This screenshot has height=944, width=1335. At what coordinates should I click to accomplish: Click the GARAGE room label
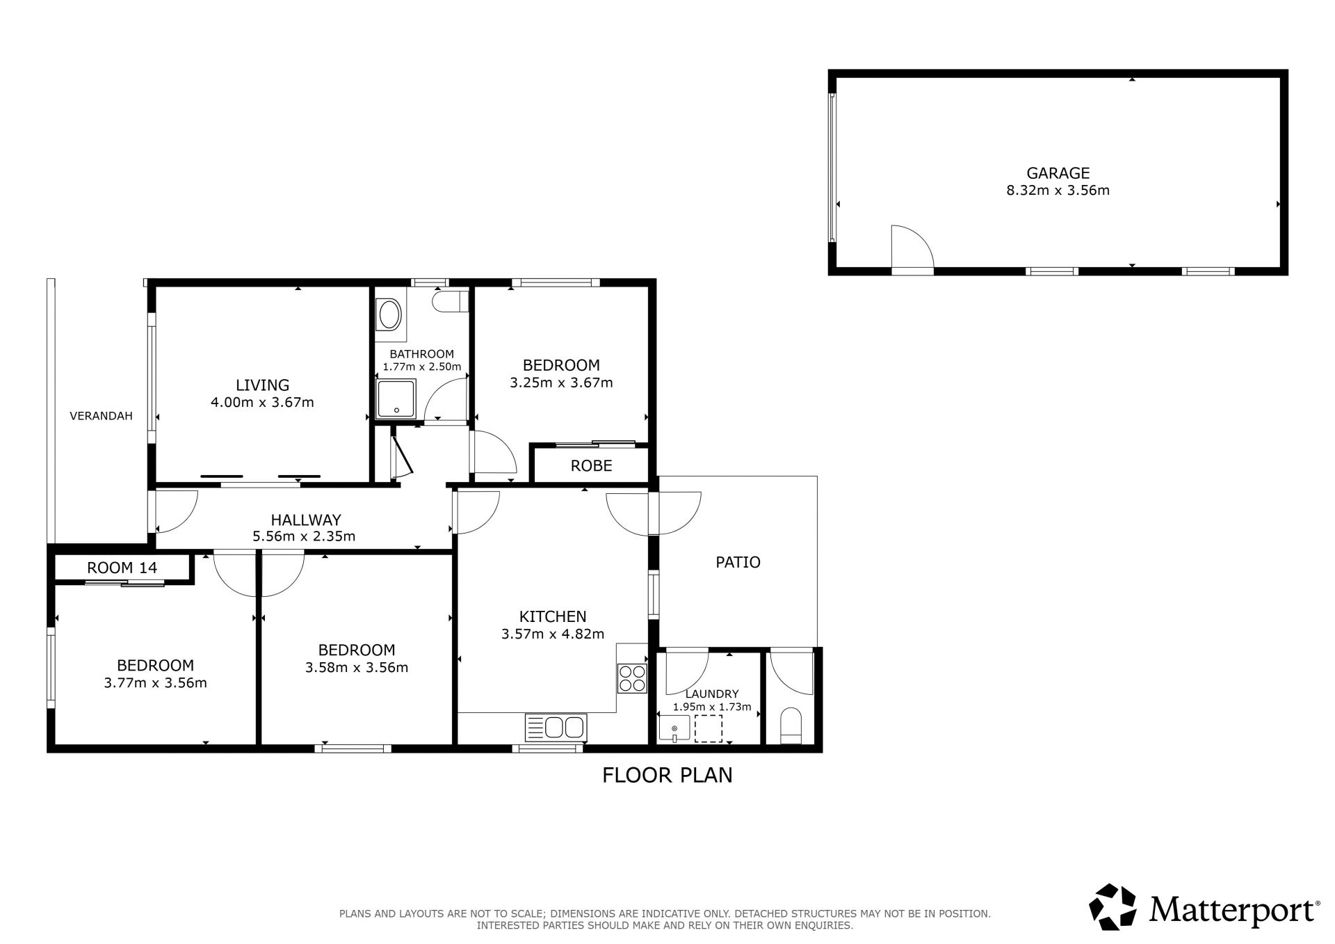1058,173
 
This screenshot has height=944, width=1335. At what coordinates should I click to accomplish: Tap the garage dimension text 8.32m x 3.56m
1058,190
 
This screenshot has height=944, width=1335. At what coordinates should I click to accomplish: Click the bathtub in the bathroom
390,315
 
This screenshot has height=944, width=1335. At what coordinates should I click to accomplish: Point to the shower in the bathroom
396,399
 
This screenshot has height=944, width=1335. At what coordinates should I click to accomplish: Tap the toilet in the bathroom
450,301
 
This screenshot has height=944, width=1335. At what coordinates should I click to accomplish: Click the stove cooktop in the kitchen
631,678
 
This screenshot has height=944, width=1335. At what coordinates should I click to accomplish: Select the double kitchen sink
556,728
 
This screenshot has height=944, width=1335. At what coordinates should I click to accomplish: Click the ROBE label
591,466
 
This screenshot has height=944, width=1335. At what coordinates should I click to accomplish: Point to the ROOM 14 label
122,568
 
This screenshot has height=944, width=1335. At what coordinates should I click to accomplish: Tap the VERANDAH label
101,416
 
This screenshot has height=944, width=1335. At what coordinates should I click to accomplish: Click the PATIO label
738,562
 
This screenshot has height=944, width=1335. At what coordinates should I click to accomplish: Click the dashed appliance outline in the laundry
709,728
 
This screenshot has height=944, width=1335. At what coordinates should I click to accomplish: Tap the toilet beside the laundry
791,726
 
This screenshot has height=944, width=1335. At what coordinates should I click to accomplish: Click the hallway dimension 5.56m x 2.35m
304,536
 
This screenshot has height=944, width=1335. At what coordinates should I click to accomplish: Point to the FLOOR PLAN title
667,775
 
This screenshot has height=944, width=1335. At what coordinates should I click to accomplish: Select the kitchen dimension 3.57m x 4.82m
553,634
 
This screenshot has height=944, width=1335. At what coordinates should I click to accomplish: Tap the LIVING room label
262,385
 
